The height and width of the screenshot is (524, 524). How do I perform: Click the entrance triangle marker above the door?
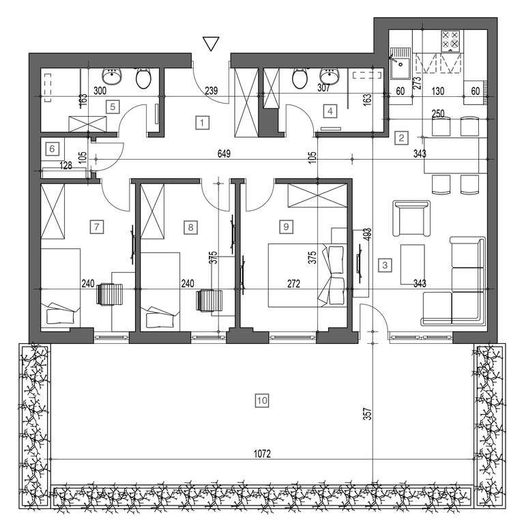(211, 44)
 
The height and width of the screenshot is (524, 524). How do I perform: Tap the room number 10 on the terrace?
(262, 401)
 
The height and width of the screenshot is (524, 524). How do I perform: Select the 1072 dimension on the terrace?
(262, 454)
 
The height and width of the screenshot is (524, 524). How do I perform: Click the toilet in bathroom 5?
(144, 78)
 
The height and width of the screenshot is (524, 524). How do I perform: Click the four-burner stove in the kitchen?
(450, 41)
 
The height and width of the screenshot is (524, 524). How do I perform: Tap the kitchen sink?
(401, 63)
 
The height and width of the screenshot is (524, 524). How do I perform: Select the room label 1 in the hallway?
(202, 123)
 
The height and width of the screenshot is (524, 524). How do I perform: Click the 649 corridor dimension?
(224, 154)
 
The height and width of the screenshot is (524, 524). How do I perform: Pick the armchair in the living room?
(411, 218)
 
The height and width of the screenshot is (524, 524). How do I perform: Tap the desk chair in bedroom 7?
(110, 294)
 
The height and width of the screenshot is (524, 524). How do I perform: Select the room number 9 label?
(286, 227)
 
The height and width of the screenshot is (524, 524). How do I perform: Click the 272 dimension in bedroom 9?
(294, 284)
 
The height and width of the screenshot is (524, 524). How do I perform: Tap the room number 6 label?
(52, 148)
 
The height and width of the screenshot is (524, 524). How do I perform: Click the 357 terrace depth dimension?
(368, 413)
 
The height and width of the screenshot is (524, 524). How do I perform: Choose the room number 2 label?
(401, 138)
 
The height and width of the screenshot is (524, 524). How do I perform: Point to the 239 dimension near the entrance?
(212, 91)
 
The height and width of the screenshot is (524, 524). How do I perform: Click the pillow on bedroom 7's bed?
(60, 316)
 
